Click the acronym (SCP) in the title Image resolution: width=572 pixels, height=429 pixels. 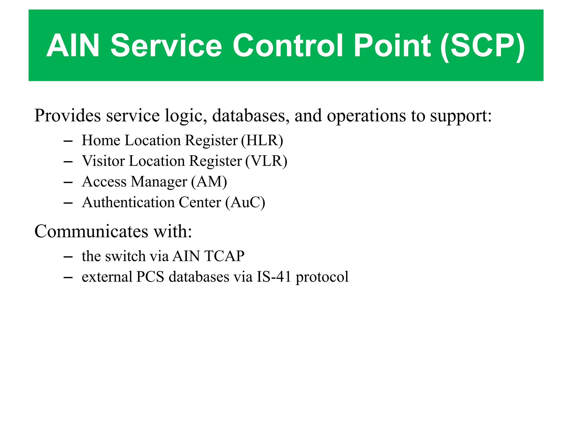click(483, 46)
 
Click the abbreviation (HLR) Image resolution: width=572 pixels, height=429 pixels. click(262, 140)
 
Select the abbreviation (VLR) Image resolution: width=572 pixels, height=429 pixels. click(266, 161)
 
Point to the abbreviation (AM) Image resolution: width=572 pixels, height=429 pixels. click(209, 182)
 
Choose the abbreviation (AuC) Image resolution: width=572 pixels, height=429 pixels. click(245, 202)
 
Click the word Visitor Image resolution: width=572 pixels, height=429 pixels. click(103, 161)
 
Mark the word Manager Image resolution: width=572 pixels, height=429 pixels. click(159, 182)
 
